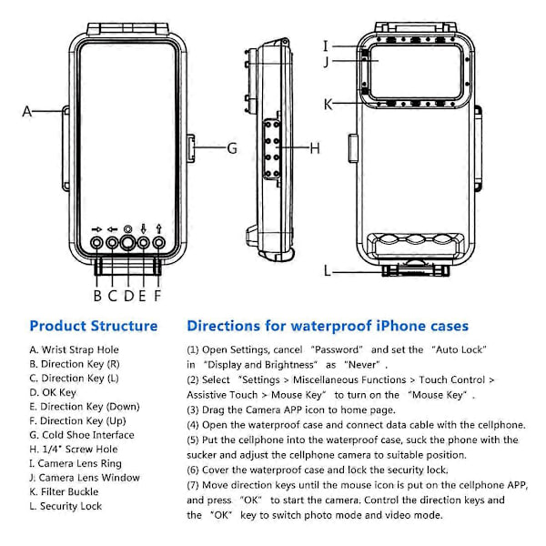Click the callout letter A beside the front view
pyautogui.click(x=26, y=111)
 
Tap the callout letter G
pyautogui.click(x=232, y=148)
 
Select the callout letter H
pyautogui.click(x=315, y=148)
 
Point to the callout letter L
pyautogui.click(x=328, y=270)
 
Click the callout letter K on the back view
pyautogui.click(x=328, y=104)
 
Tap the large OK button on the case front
pyautogui.click(x=127, y=243)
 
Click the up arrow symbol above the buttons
pyautogui.click(x=159, y=228)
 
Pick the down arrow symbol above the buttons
pyautogui.click(x=143, y=228)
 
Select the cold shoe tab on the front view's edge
pyautogui.click(x=191, y=148)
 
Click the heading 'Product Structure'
pyautogui.click(x=94, y=326)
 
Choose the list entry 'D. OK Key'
pyautogui.click(x=53, y=392)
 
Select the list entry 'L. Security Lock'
pyautogui.click(x=66, y=506)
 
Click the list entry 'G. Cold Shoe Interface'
pyautogui.click(x=82, y=435)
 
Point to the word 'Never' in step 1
pyautogui.click(x=362, y=365)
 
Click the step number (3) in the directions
pyautogui.click(x=193, y=409)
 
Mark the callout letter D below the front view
pyautogui.click(x=129, y=296)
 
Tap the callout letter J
pyautogui.click(x=327, y=62)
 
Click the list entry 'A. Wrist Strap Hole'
pyautogui.click(x=75, y=349)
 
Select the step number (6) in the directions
pyautogui.click(x=193, y=470)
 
